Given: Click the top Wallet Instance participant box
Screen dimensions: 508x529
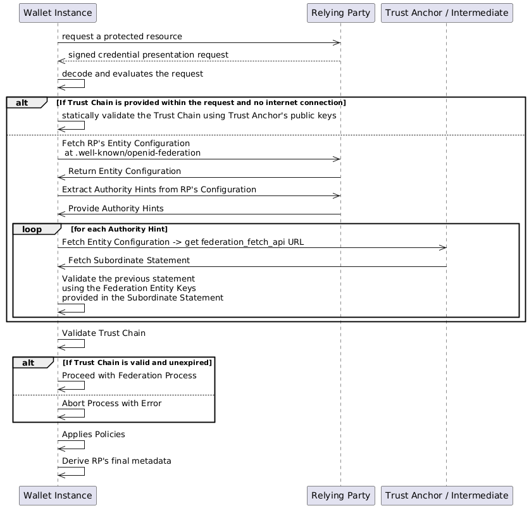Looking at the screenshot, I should tap(58, 12).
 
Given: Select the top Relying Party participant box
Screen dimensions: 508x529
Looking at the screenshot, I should tap(340, 12).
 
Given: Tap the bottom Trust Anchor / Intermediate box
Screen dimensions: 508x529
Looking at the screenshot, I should tap(446, 495).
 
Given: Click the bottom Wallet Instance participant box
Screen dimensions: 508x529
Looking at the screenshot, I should tap(58, 495).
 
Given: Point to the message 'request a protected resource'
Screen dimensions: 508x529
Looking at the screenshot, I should tap(122, 37).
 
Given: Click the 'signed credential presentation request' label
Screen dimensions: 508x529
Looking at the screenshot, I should tap(148, 55).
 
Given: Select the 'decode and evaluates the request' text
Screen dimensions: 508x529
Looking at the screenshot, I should tap(132, 73).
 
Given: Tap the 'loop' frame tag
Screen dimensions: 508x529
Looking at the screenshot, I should tap(32, 228).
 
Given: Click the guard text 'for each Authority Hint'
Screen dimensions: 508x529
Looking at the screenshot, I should tap(119, 228).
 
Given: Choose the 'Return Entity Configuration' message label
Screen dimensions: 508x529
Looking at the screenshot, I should tap(124, 171).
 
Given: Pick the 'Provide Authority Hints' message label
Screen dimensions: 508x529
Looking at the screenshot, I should tap(116, 208).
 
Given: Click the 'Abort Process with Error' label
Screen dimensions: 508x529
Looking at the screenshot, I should tap(111, 403).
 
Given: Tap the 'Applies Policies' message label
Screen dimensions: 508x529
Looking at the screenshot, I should tap(93, 435).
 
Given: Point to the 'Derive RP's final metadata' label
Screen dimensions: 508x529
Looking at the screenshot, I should tap(116, 461).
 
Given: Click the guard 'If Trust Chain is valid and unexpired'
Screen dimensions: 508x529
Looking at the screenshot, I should tap(137, 362).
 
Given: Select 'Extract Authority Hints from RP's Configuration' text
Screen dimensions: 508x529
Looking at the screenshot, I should tap(159, 190).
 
